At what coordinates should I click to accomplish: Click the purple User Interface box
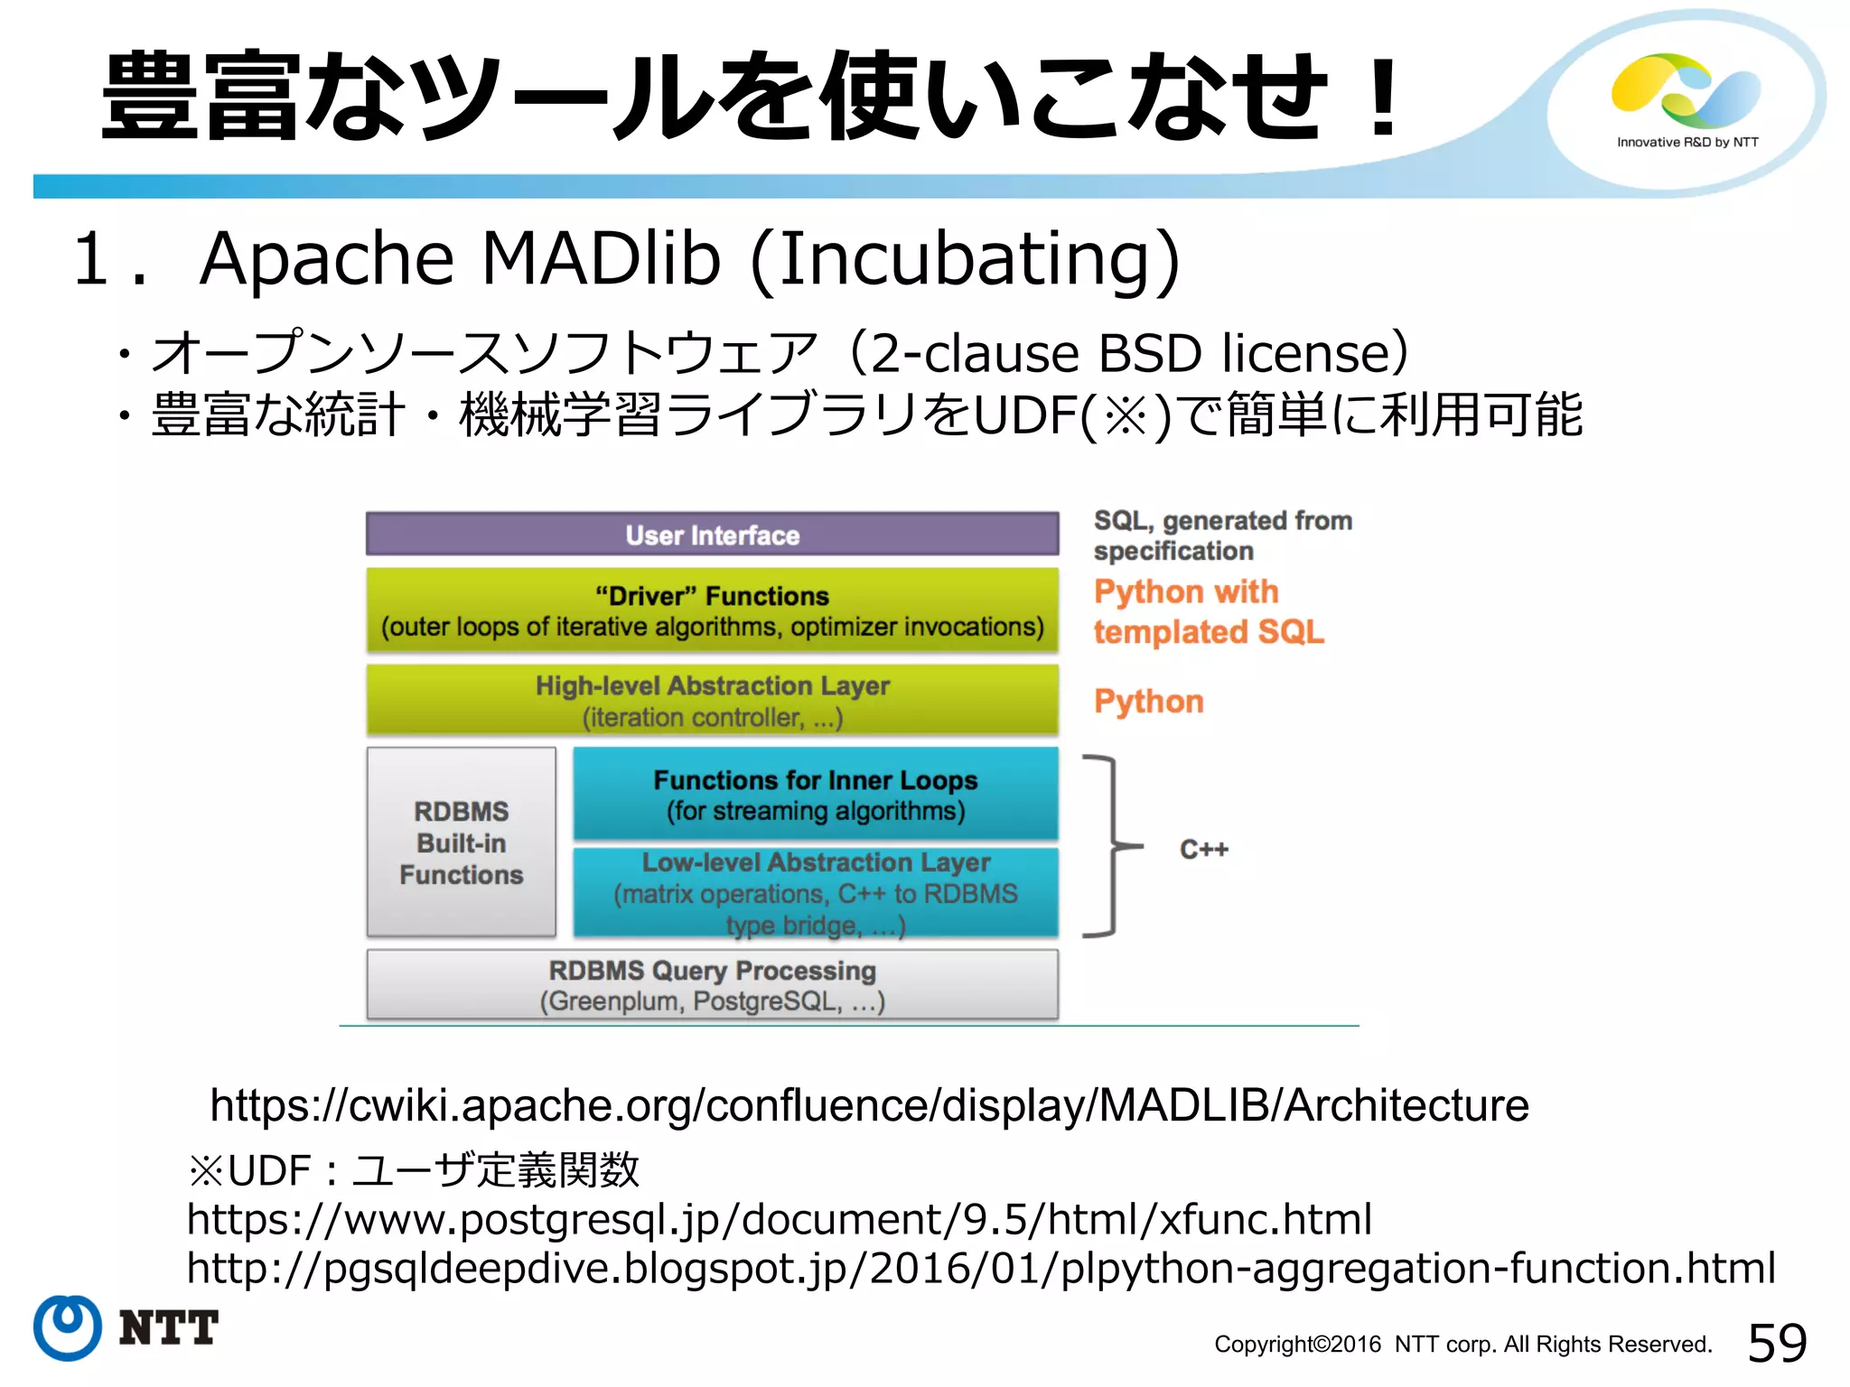[x=712, y=535]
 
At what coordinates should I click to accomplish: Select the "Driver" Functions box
[x=712, y=610]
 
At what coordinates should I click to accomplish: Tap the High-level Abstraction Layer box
[x=712, y=701]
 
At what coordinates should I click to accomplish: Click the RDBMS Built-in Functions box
[x=461, y=842]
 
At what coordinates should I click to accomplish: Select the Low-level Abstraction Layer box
[x=815, y=892]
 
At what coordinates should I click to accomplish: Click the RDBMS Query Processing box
[x=712, y=985]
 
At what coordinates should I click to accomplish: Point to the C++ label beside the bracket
[x=1203, y=849]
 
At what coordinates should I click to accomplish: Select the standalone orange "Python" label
[x=1148, y=702]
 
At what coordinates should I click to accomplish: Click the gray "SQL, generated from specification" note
[x=1221, y=535]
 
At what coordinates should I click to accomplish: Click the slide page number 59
[x=1777, y=1343]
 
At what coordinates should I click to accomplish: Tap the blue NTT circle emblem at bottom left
[x=68, y=1327]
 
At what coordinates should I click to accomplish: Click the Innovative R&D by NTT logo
[x=1686, y=99]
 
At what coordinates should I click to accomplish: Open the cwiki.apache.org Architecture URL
[x=869, y=1105]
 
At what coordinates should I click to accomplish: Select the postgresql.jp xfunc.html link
[x=779, y=1219]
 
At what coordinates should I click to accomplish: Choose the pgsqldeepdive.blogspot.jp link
[x=981, y=1268]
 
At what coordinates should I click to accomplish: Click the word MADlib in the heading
[x=601, y=259]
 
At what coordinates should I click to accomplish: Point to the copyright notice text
[x=1462, y=1345]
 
